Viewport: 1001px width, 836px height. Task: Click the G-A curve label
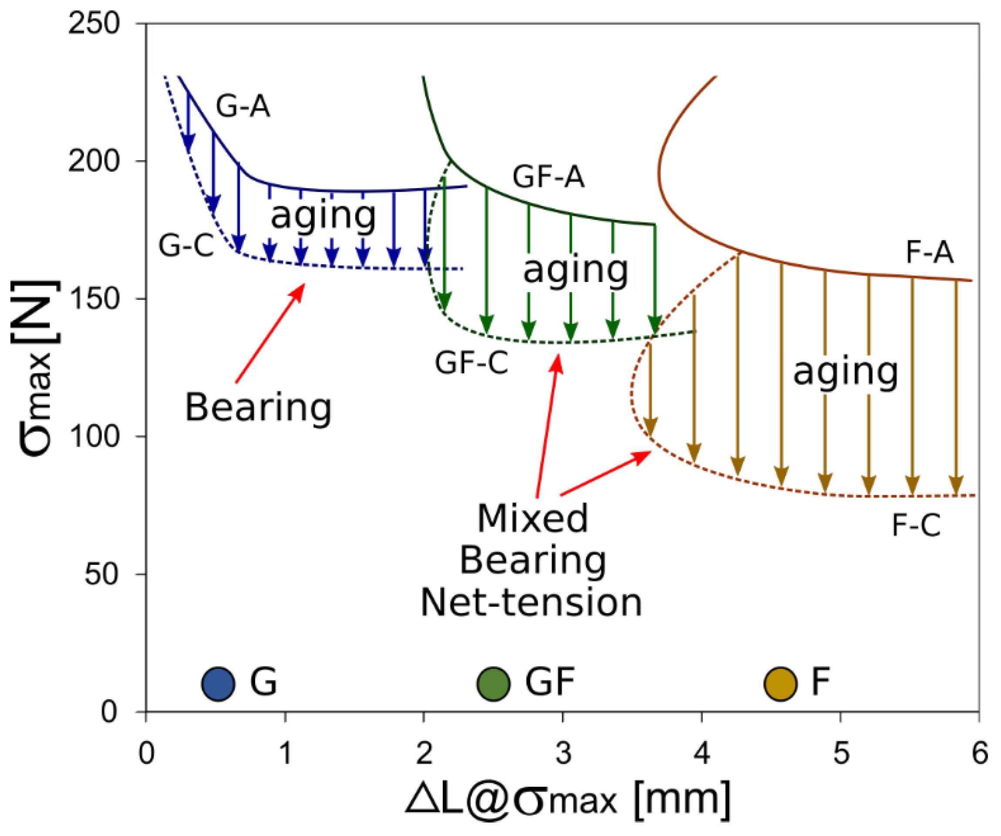pos(243,106)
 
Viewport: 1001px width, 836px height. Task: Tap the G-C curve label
pos(186,246)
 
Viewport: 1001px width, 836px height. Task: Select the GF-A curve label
pos(548,177)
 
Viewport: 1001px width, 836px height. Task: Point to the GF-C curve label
pos(471,362)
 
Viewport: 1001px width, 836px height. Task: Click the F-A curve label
pos(929,253)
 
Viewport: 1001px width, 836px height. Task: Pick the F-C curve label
pos(916,525)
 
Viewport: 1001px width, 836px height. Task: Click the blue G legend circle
pos(218,683)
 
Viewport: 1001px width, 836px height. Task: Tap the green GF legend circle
pos(493,683)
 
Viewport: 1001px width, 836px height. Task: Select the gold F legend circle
pos(780,683)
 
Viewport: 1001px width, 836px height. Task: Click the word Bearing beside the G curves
pos(258,408)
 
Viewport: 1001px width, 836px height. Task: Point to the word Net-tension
pos(531,603)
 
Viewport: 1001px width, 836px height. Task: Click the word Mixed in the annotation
pos(533,519)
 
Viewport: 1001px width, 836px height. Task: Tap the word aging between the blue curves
pos(323,216)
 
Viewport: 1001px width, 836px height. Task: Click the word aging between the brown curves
pos(845,372)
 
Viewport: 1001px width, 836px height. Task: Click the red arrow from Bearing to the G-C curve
pos(270,333)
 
